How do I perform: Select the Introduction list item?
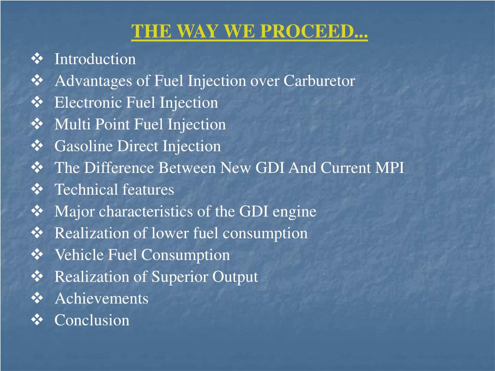click(x=95, y=59)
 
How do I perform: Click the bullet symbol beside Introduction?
click(x=37, y=59)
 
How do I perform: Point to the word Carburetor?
click(x=319, y=81)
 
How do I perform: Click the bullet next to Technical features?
click(x=37, y=189)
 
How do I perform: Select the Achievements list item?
click(x=102, y=299)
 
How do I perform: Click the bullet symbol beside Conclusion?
click(x=37, y=320)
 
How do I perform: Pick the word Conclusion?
click(x=92, y=320)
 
